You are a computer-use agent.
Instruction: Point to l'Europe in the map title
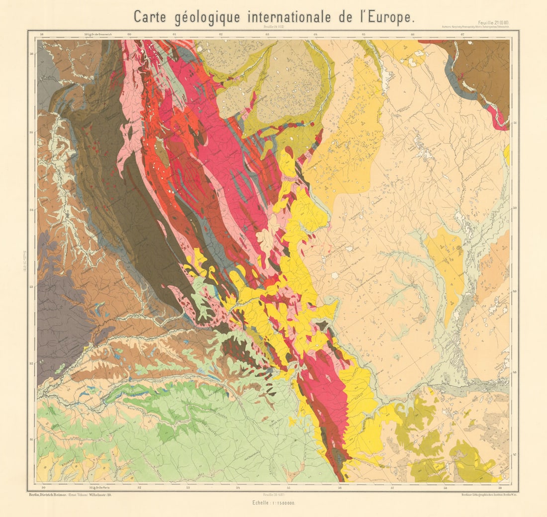pyautogui.click(x=393, y=17)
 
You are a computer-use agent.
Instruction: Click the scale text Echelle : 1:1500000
pyautogui.click(x=273, y=504)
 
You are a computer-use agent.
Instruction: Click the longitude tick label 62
pyautogui.click(x=220, y=34)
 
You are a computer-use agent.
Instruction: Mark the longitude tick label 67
pyautogui.click(x=462, y=34)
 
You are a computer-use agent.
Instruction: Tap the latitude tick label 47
pyautogui.click(x=514, y=454)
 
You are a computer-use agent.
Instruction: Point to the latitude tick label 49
pyautogui.click(x=514, y=291)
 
